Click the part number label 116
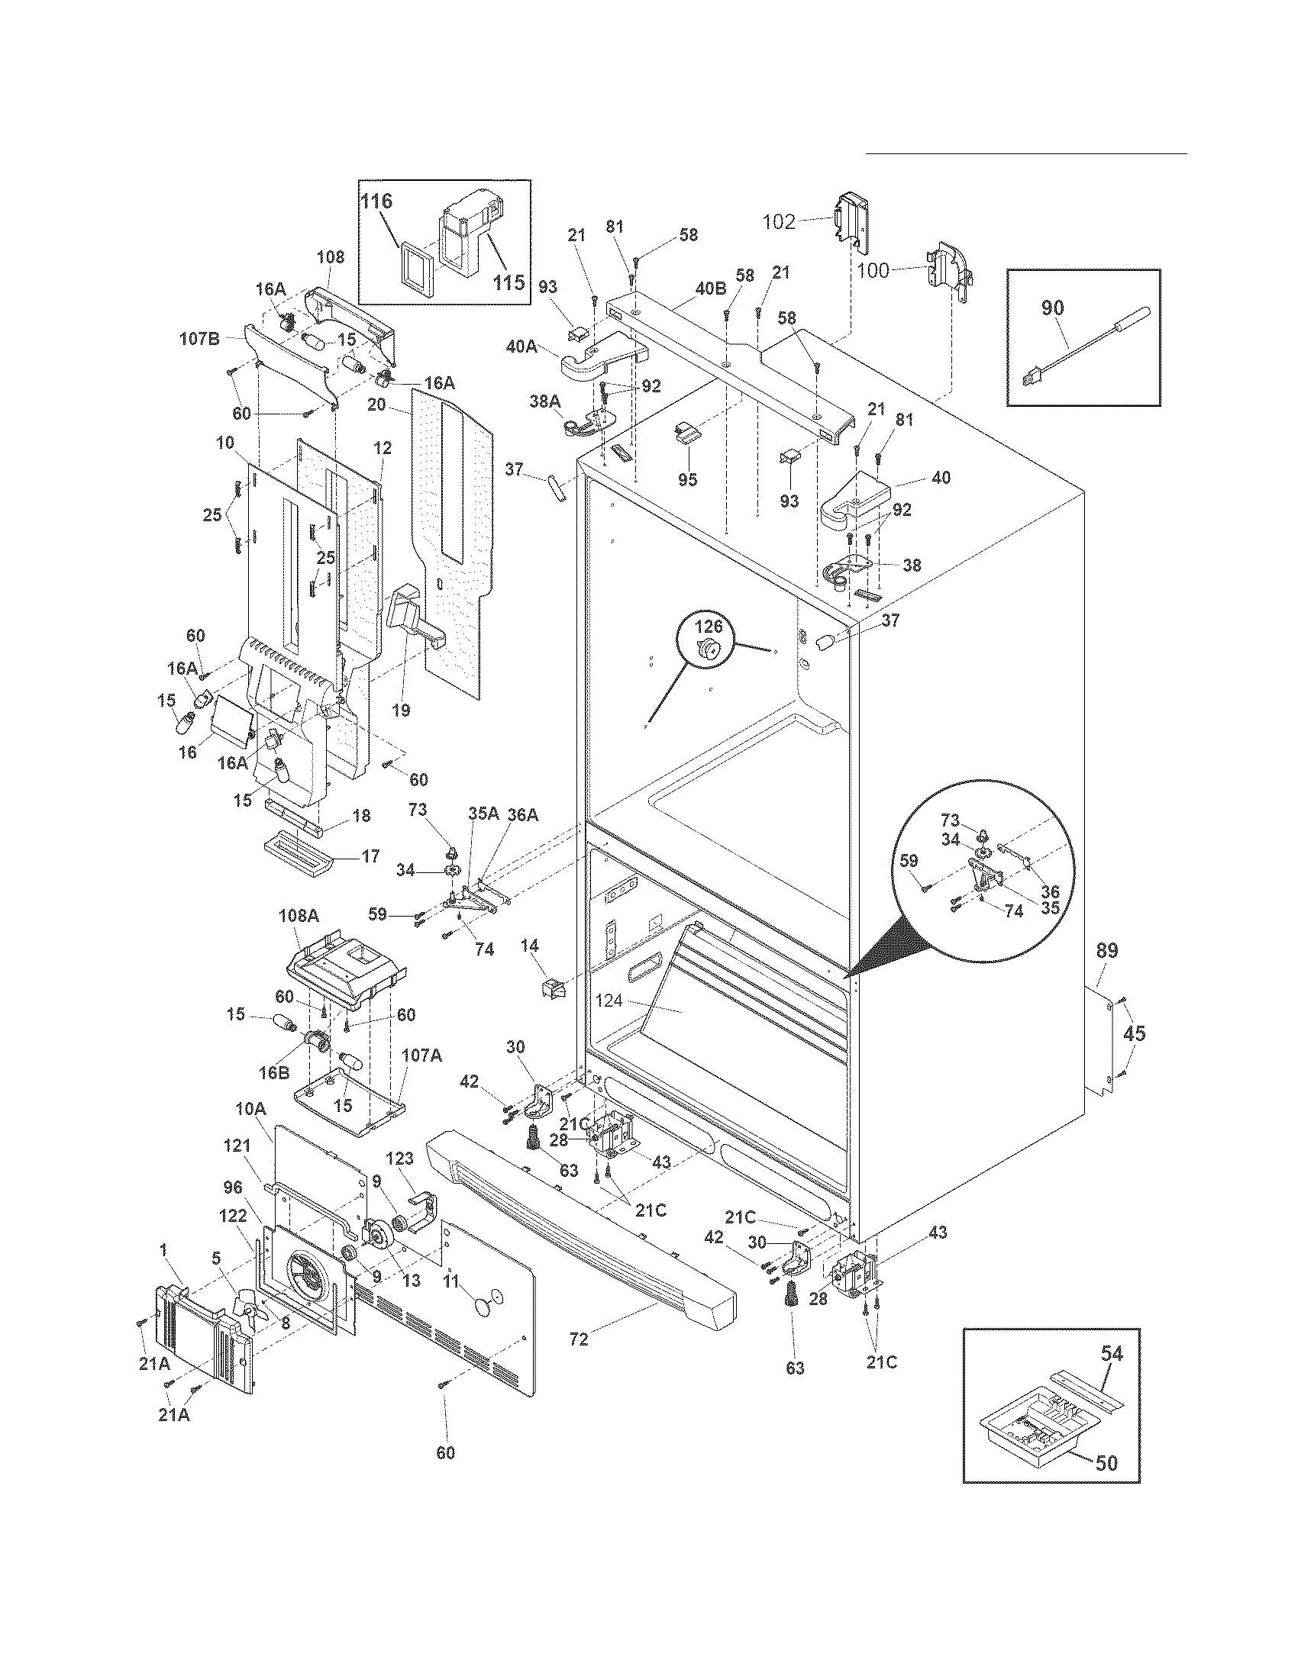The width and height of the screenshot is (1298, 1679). (376, 201)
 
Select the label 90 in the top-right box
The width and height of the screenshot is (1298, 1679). (1053, 308)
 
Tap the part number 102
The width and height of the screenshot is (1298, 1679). (778, 222)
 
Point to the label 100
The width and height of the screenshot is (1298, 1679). (873, 270)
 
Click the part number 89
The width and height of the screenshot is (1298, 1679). (1106, 951)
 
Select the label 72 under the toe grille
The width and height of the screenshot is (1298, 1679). (579, 1340)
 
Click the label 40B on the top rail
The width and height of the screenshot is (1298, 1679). (710, 289)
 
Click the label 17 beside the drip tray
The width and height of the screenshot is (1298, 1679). (370, 856)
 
